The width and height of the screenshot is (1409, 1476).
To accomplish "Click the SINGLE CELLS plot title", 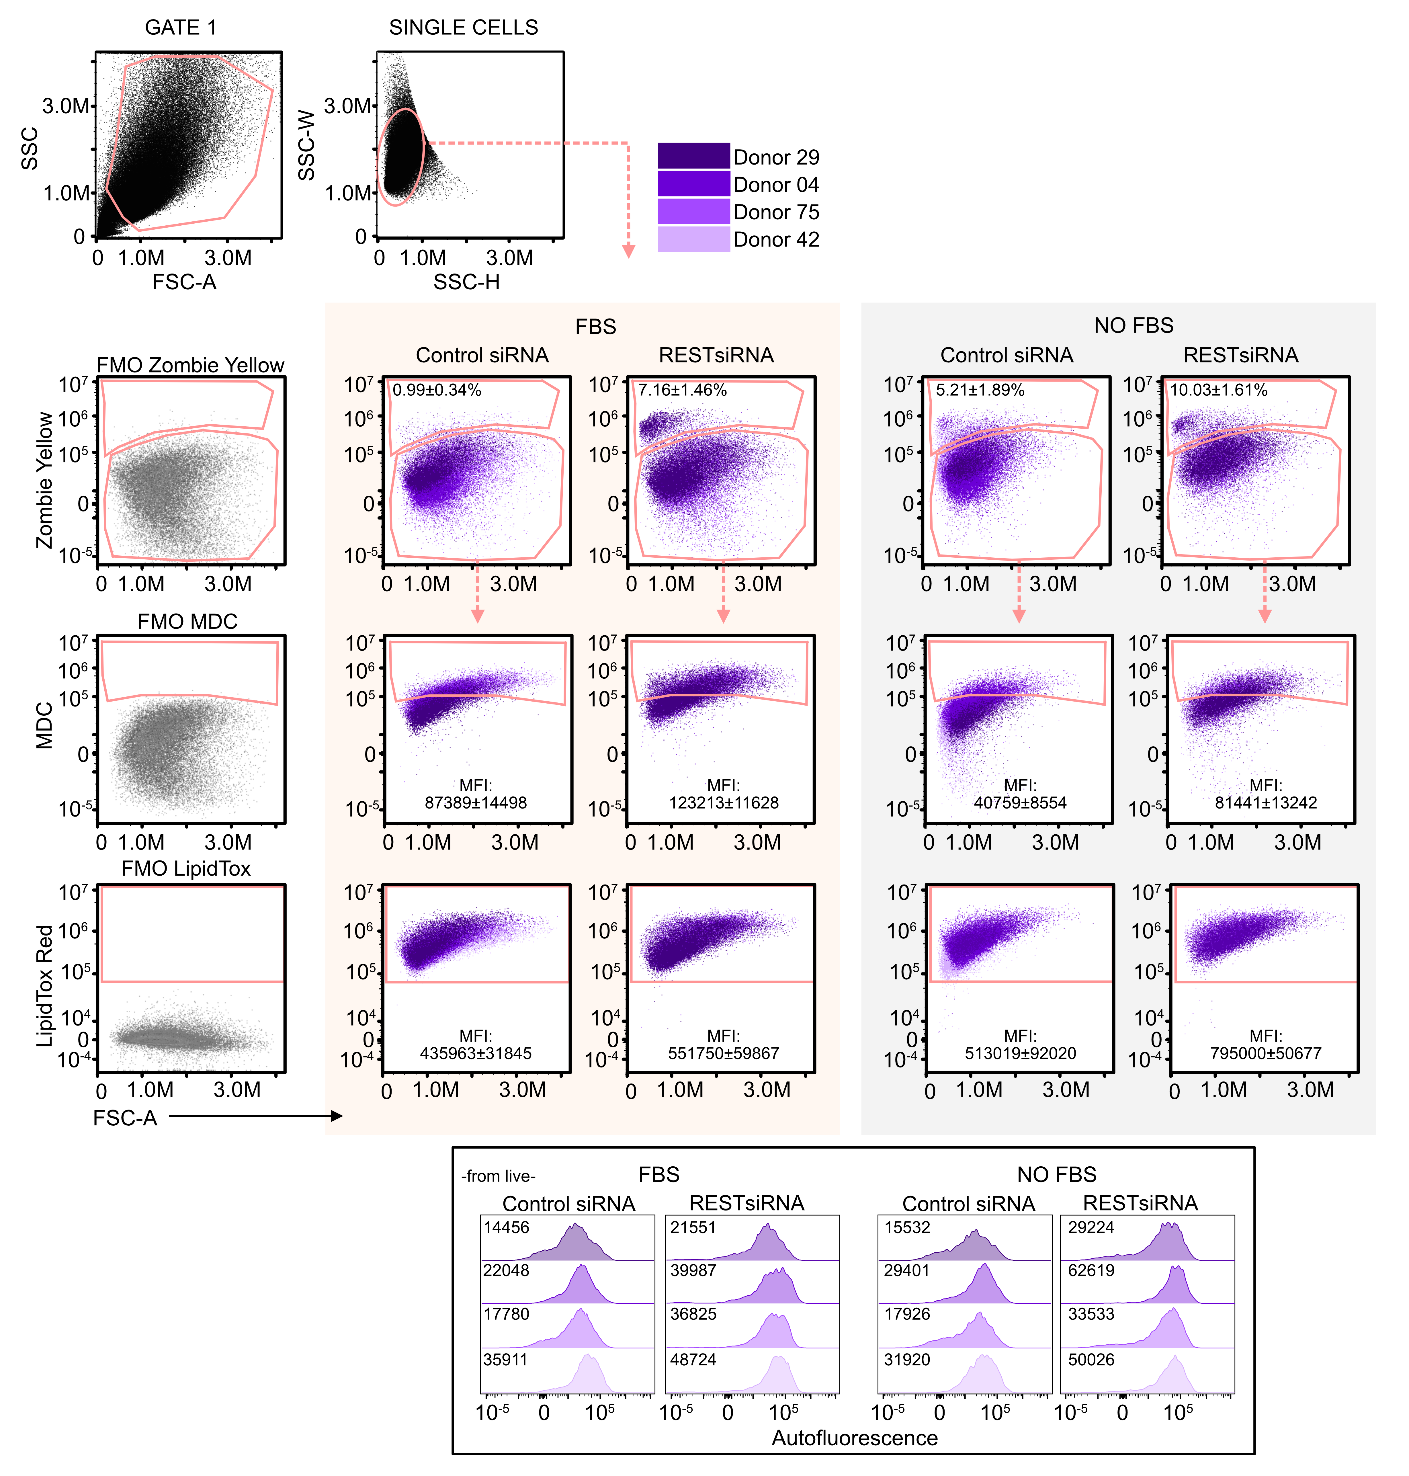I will (464, 28).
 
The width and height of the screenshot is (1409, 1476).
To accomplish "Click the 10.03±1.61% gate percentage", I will (1218, 390).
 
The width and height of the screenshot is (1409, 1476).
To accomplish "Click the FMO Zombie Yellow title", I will (190, 365).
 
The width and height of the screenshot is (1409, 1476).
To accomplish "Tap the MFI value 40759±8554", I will (1020, 802).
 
